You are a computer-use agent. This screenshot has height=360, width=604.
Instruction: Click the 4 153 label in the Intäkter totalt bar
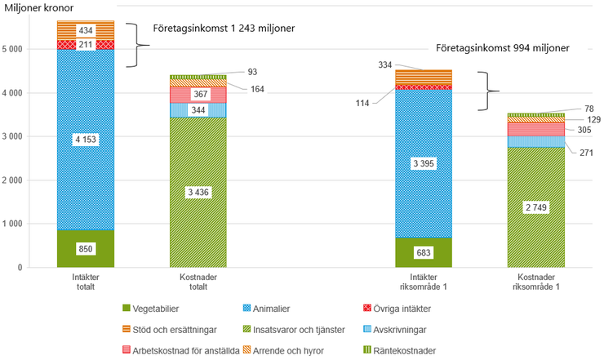pos(85,140)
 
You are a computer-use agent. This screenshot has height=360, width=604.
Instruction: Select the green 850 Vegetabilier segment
pos(85,247)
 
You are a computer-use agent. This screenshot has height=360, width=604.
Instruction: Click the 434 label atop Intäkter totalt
pos(85,30)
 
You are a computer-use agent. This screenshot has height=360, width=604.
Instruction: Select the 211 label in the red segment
pos(85,44)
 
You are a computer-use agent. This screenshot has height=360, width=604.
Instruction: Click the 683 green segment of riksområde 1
pos(423,251)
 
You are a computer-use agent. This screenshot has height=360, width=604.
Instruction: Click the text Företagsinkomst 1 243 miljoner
pos(224,28)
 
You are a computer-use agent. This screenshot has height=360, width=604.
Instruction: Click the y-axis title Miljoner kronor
pos(39,8)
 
